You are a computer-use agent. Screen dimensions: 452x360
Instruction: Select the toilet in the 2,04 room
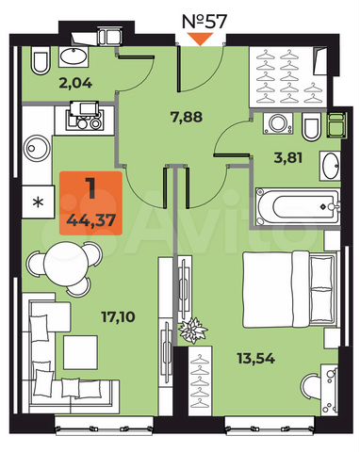pyautogui.click(x=39, y=63)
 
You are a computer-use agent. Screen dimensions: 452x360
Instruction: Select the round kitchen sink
pyautogui.click(x=38, y=151)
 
